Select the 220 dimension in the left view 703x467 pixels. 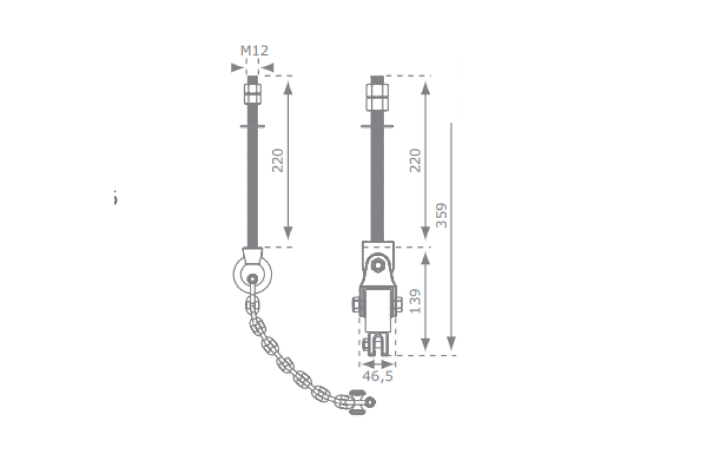[x=277, y=161]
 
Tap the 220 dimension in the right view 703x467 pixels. [x=415, y=161]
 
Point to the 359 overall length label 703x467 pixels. [x=442, y=216]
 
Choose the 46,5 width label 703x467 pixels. [x=378, y=376]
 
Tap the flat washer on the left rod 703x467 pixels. [x=252, y=126]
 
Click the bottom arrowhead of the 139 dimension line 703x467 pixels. [x=425, y=348]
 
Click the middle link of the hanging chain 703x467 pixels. [x=285, y=365]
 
